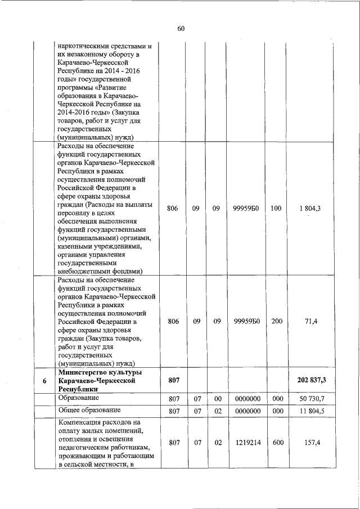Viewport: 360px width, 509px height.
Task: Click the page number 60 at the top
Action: click(x=181, y=29)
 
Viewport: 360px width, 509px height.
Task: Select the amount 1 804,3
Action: click(x=311, y=208)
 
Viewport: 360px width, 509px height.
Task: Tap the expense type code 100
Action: click(x=276, y=208)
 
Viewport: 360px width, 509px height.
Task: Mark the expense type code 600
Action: click(x=276, y=443)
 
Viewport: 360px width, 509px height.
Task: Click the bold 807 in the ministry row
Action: click(x=173, y=381)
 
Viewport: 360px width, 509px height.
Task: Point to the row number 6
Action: click(x=44, y=381)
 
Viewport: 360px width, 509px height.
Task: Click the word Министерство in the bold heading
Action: click(x=83, y=373)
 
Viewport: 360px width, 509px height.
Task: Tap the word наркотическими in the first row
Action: click(x=85, y=44)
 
